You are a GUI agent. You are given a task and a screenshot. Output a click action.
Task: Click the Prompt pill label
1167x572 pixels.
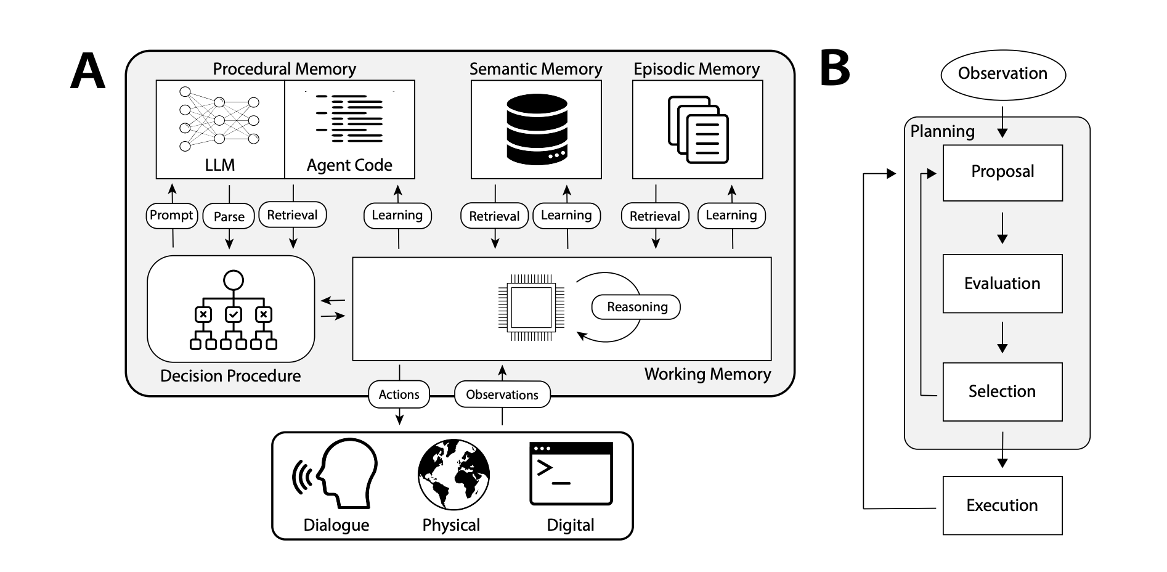(x=171, y=215)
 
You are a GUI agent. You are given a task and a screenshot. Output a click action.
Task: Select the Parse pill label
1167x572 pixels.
(x=229, y=216)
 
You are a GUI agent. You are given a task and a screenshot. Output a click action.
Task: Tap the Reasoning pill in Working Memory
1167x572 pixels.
(x=636, y=307)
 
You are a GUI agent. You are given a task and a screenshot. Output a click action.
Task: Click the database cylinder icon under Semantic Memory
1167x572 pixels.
(x=536, y=129)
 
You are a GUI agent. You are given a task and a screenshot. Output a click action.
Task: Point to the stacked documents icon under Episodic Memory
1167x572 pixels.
(x=697, y=129)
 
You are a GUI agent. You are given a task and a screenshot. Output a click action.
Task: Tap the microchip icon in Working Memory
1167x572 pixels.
(x=531, y=307)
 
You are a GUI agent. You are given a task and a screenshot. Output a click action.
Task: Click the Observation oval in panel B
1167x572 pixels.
(x=1002, y=74)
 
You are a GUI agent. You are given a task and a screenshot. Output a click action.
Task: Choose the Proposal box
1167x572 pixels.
(x=1002, y=172)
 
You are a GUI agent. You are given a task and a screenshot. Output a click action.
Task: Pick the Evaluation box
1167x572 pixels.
(x=1002, y=284)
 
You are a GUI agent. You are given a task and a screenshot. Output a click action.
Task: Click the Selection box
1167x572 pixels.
(x=1002, y=391)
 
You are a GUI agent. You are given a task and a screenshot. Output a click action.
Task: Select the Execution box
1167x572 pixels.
(x=1002, y=505)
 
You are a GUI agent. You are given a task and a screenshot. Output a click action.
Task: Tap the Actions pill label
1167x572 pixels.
(x=399, y=394)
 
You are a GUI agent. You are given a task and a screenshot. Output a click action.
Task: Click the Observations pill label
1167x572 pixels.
(x=502, y=394)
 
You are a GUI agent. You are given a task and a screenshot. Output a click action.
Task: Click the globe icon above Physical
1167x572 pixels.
(x=453, y=474)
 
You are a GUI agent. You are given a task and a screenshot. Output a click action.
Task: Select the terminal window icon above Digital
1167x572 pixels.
(x=571, y=473)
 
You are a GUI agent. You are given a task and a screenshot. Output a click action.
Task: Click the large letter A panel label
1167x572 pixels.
(x=87, y=71)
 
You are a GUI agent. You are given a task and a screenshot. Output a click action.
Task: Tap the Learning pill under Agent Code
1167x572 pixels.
(x=397, y=215)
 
